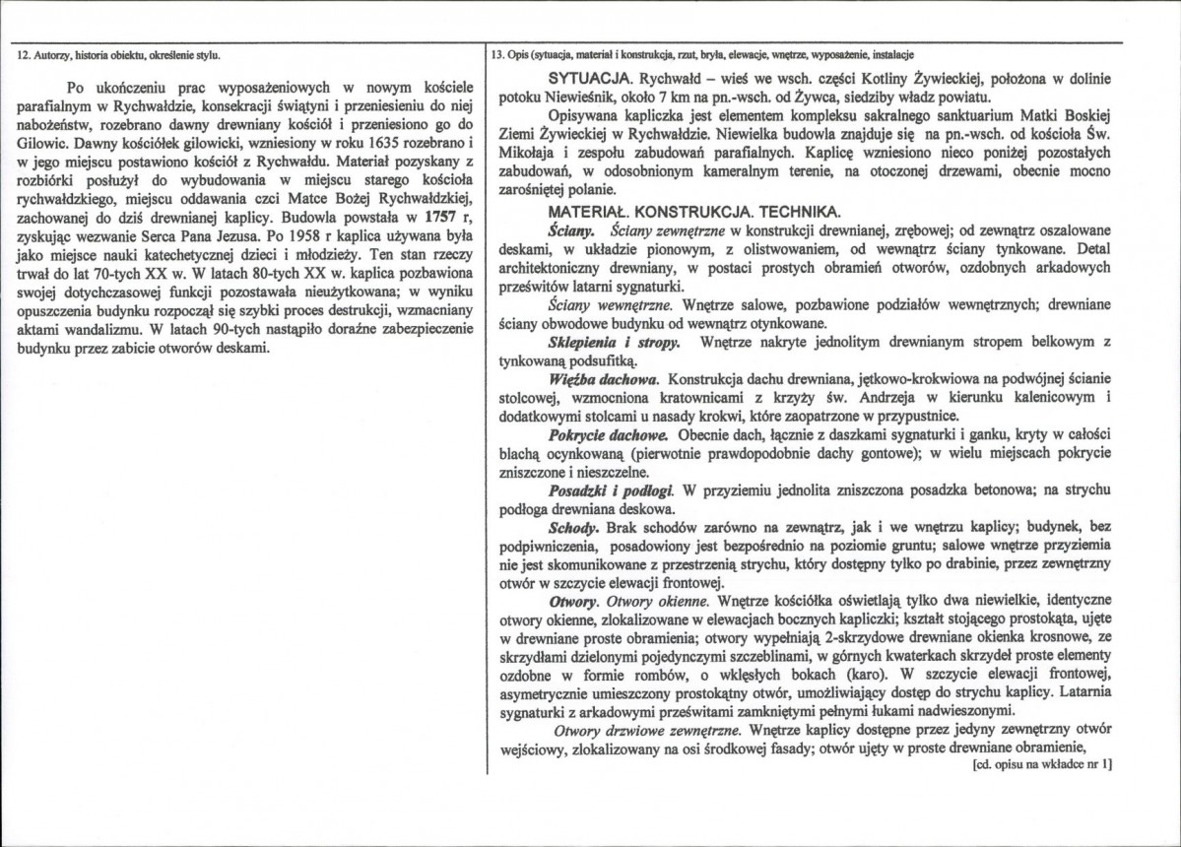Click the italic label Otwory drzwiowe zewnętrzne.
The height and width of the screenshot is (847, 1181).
pos(646,731)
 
